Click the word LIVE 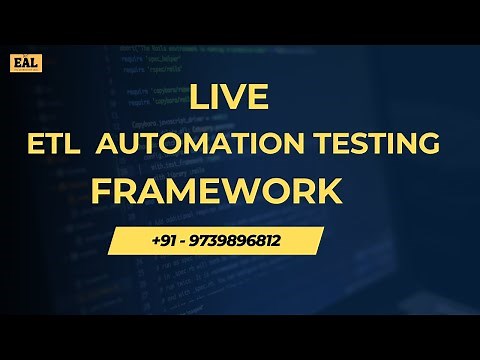pyautogui.click(x=229, y=99)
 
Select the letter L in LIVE pyautogui.click(x=198, y=99)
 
